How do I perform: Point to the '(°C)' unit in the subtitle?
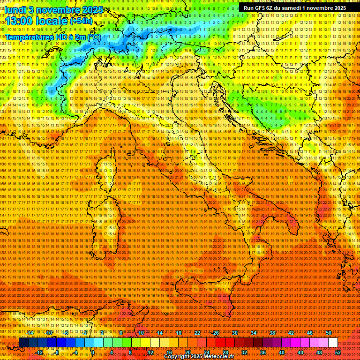pos(93,37)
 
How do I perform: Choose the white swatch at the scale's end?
pos(333,343)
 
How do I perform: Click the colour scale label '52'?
pos(338,352)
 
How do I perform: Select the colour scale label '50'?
pos(329,333)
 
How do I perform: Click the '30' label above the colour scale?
pos(235,333)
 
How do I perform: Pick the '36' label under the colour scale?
pos(263,352)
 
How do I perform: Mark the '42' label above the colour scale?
pos(291,333)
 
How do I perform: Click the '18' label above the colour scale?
pos(179,333)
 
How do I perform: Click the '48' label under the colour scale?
pos(319,352)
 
